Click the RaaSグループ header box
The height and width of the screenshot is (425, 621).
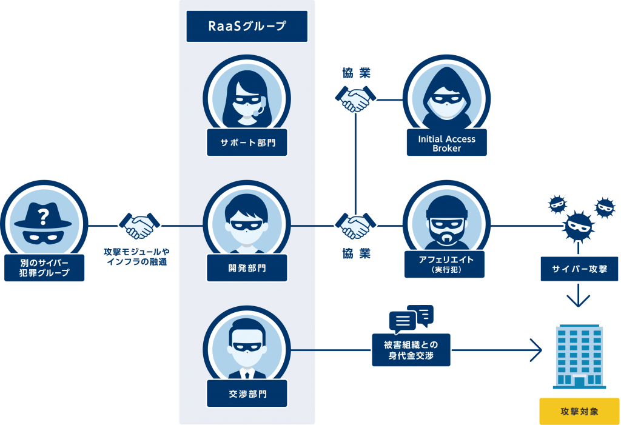click(247, 26)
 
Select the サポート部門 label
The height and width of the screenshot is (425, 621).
click(247, 144)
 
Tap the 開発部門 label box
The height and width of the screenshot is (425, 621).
click(247, 267)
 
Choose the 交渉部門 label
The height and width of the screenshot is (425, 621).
click(247, 393)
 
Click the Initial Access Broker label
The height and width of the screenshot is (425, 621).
click(446, 143)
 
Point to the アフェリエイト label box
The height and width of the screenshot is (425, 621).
click(446, 264)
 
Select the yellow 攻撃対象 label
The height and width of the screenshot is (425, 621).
click(579, 412)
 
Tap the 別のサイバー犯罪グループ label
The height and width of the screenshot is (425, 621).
click(44, 268)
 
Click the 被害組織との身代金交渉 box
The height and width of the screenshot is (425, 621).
click(411, 350)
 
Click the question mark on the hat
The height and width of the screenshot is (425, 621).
click(44, 215)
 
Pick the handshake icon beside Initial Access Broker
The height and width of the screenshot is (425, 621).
click(355, 98)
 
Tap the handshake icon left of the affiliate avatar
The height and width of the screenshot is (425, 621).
click(355, 226)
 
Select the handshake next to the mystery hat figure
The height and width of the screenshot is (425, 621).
click(139, 226)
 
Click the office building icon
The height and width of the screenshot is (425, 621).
click(579, 356)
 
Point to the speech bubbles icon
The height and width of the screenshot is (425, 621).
click(411, 318)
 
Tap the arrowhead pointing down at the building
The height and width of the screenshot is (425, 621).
click(579, 301)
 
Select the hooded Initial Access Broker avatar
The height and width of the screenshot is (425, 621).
click(446, 97)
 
